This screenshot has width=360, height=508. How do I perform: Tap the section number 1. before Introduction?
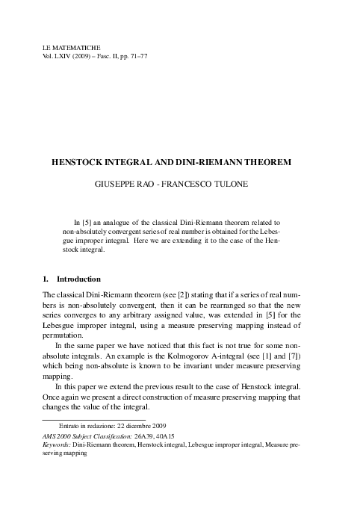pyautogui.click(x=49, y=279)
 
